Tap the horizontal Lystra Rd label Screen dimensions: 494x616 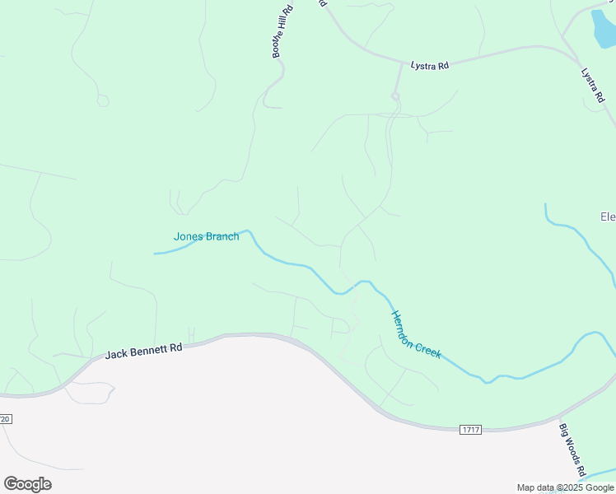(x=430, y=65)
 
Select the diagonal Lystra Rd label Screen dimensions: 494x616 (x=593, y=85)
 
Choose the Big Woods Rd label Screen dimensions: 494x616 (x=572, y=450)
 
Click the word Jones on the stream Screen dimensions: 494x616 (x=189, y=236)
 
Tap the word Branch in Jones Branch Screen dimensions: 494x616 (x=222, y=236)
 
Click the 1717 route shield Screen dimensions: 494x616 (x=471, y=429)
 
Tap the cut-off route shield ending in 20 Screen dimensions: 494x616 (x=5, y=419)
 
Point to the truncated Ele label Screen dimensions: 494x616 (x=608, y=217)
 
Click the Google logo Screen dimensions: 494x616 (x=28, y=484)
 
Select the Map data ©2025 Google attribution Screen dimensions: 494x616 (x=565, y=487)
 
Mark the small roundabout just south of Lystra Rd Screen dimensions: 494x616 (x=395, y=97)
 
